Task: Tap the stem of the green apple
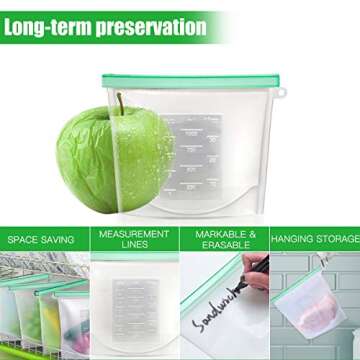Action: click(x=119, y=104)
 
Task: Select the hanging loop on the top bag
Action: click(x=281, y=93)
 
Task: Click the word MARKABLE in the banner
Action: click(x=219, y=234)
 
